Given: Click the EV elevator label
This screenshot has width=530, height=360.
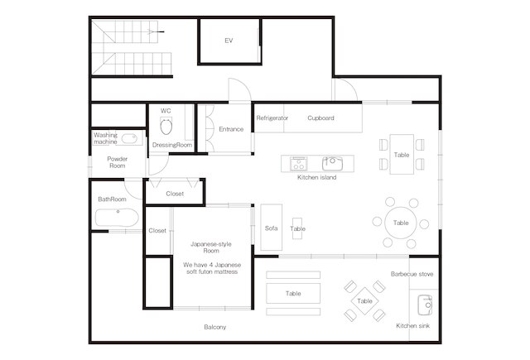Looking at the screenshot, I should (x=229, y=41).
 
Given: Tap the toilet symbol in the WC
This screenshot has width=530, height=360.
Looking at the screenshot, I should (x=166, y=127).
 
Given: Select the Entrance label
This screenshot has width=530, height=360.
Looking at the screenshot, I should (x=231, y=129).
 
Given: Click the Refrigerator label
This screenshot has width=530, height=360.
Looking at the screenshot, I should (x=272, y=118).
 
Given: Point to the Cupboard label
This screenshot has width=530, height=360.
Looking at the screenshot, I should (x=320, y=118).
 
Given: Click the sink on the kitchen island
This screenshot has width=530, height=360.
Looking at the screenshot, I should (x=331, y=161).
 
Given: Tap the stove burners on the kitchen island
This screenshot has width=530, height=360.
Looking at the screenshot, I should (x=298, y=161).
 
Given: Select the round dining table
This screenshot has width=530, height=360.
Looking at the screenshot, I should (x=401, y=222).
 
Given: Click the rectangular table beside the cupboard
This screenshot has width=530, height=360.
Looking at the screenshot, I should (x=401, y=155).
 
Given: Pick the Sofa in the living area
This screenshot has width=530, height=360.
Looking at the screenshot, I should (x=271, y=228).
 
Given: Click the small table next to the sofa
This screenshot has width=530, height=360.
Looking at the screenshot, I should (x=297, y=229).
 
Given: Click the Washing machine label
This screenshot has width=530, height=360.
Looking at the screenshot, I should (x=105, y=138).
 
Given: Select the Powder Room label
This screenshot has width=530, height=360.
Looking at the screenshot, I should (x=117, y=161).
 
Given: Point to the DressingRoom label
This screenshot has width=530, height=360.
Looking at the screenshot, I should (x=172, y=145).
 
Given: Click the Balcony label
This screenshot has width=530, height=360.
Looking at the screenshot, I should (x=215, y=327).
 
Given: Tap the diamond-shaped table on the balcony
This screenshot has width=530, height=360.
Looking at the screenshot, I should (x=365, y=300).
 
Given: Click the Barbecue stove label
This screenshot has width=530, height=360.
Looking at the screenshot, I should (x=412, y=273).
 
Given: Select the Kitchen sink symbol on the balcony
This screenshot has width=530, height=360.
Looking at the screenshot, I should (x=424, y=305).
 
